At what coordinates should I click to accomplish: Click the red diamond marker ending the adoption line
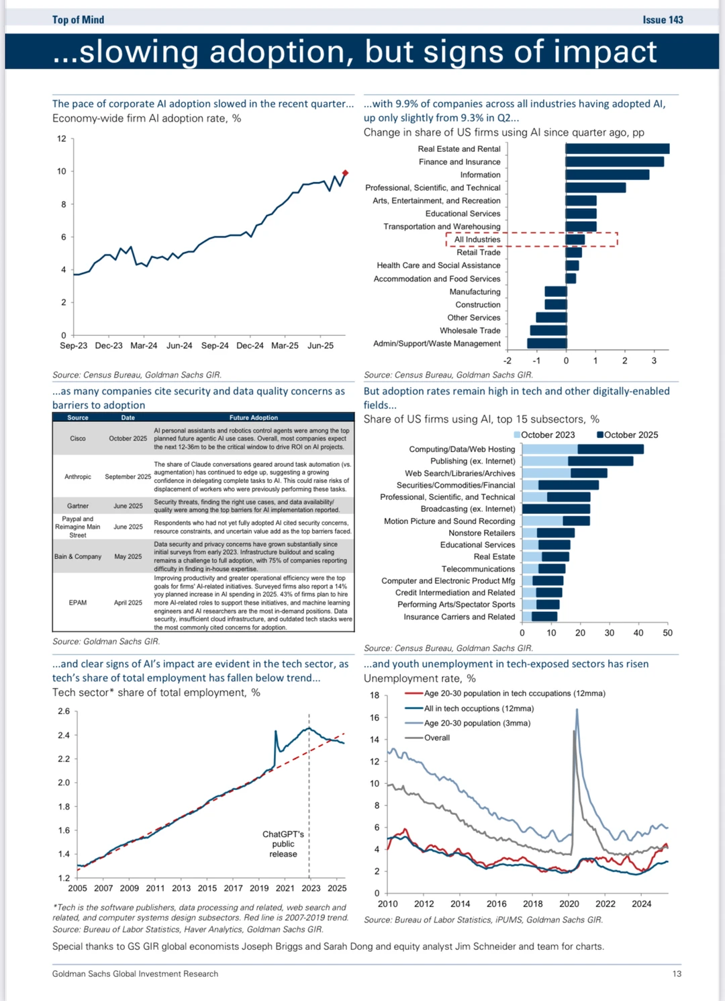346,173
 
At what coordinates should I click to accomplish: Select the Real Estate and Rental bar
617,149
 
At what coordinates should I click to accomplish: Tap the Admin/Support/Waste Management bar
546,343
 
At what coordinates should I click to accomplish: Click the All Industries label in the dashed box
477,240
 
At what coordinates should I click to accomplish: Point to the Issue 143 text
663,19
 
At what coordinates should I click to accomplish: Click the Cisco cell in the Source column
78,439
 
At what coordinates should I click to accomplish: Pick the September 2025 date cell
128,477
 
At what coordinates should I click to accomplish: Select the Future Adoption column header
253,418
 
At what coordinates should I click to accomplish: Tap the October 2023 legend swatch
518,435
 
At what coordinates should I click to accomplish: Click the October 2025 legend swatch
600,435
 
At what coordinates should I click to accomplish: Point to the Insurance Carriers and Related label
459,617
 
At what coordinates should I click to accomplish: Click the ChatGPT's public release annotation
283,844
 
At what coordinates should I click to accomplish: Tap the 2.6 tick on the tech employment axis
64,711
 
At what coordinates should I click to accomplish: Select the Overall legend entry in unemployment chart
437,738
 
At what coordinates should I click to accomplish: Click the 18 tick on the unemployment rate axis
375,695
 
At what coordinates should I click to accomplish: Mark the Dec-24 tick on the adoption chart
250,346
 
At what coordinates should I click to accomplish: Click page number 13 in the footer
677,974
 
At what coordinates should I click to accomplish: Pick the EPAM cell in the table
78,603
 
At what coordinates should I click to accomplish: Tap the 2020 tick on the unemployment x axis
569,904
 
